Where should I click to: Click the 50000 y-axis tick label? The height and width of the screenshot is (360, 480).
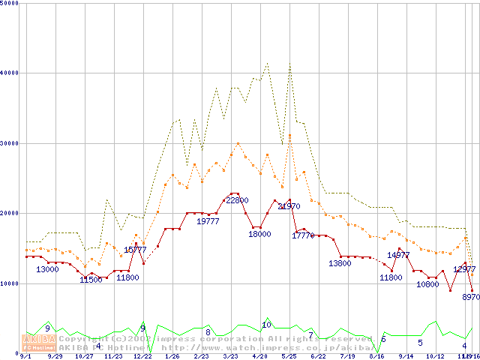10,4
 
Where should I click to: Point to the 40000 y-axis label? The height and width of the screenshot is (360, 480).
10,73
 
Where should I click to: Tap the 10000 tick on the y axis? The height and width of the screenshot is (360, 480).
10,283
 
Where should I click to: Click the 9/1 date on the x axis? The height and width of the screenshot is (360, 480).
25,356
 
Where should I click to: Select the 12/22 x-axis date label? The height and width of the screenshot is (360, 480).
142,356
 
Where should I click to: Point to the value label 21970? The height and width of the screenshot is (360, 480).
289,206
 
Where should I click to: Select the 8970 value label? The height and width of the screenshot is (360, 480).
471,297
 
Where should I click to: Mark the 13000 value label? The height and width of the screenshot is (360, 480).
48,269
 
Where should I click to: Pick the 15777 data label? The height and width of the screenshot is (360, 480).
135,250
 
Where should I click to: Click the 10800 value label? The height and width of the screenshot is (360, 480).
427,285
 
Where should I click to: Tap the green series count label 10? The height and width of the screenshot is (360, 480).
265,325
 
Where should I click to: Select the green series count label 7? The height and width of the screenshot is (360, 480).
310,335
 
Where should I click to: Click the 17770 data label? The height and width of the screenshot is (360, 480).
303,235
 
